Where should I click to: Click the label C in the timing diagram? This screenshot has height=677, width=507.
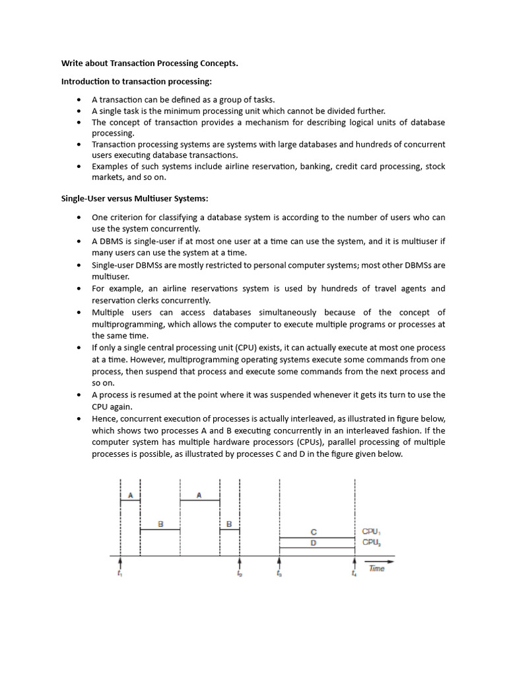(314, 532)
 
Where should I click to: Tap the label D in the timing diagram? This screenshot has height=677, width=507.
(314, 543)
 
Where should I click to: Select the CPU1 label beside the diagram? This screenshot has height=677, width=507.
(372, 531)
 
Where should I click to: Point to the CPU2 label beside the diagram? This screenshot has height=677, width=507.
(372, 542)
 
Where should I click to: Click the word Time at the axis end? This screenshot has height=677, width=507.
(376, 569)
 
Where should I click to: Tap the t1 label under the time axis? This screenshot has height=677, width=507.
(119, 573)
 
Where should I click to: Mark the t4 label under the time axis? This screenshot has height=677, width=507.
(355, 573)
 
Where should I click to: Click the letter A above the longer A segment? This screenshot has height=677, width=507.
(199, 495)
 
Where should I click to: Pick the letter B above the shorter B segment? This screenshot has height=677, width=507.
(229, 524)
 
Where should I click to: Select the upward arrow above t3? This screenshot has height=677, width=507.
(280, 562)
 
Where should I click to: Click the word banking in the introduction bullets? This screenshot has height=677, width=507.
(316, 167)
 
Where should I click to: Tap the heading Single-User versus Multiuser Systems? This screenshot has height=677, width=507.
(135, 198)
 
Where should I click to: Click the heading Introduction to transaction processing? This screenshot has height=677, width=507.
(137, 81)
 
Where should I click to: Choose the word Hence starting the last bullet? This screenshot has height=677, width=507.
(105, 418)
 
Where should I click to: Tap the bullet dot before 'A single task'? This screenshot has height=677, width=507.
(79, 111)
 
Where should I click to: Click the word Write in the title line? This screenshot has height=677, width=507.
(73, 63)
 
